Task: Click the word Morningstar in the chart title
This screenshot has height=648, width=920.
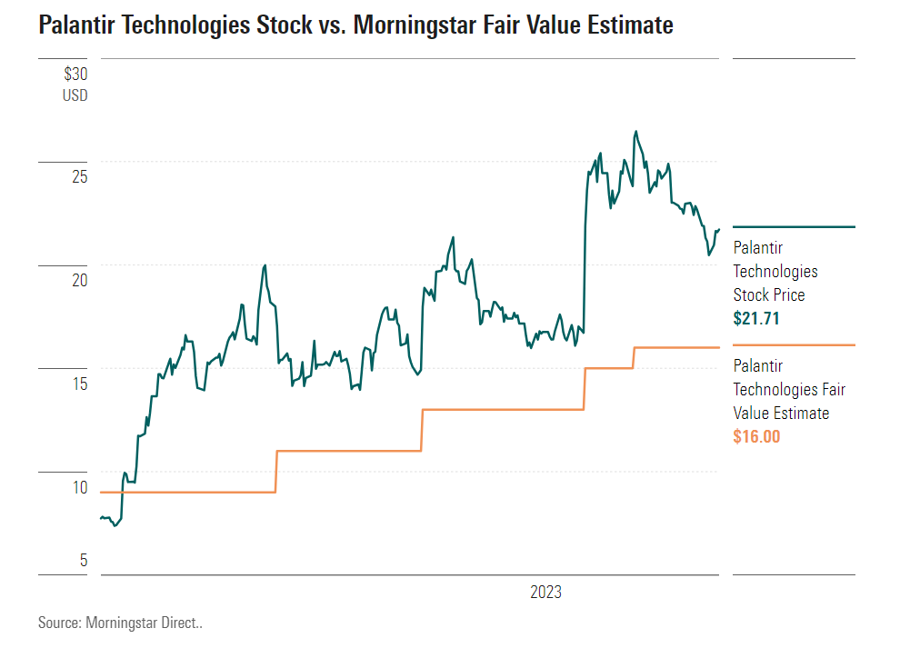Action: [415, 25]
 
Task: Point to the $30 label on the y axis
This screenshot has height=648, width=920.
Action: [75, 75]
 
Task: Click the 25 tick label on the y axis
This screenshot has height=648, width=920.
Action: [79, 176]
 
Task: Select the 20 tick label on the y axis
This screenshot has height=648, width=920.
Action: [79, 280]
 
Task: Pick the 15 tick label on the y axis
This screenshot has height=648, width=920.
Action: [79, 384]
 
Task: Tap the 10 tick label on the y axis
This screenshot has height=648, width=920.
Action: [79, 488]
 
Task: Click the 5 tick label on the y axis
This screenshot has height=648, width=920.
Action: [84, 561]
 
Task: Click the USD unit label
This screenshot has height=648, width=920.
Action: [75, 95]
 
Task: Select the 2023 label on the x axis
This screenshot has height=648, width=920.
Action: [545, 593]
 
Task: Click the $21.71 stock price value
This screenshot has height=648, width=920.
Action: [756, 319]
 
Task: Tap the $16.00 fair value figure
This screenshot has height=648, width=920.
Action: [756, 436]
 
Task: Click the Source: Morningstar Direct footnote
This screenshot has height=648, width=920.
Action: [120, 623]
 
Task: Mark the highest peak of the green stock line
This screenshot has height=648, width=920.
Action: [636, 131]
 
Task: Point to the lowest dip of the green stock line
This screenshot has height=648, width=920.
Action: [115, 526]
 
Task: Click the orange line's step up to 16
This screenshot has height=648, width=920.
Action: [634, 357]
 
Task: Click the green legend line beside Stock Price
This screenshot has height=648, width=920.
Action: [793, 226]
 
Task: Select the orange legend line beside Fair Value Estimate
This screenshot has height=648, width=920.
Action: [793, 345]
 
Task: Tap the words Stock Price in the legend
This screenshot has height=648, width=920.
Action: [769, 295]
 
